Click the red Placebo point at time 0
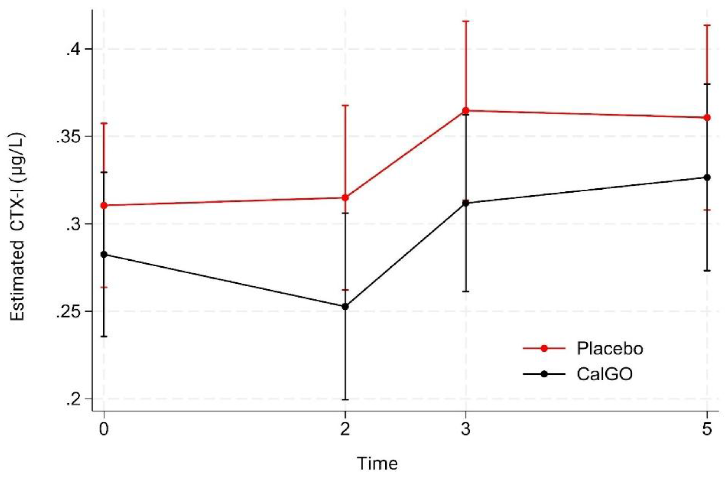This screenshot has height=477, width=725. point(104,205)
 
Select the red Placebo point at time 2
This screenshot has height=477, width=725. point(345,197)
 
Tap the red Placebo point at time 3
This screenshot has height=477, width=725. point(466,111)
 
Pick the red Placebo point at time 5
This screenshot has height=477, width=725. point(707,118)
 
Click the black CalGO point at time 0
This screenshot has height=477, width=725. point(104,255)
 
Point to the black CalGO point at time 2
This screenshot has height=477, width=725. point(345,307)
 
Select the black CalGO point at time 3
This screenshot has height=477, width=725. point(466,204)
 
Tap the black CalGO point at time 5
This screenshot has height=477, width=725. point(707,177)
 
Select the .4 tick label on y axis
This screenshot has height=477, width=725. point(72,49)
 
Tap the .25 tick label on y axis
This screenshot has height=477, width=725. point(68,312)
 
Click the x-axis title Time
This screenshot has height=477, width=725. point(377,464)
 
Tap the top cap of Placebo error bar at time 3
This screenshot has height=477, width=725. point(466,21)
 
